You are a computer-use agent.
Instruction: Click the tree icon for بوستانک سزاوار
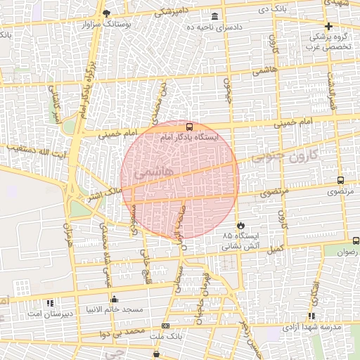click(106, 13)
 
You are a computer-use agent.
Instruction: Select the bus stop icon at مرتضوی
click(341, 180)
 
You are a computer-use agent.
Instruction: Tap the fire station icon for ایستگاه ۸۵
click(241, 226)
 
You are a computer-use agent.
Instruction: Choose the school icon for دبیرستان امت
click(49, 303)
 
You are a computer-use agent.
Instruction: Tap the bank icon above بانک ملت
click(165, 326)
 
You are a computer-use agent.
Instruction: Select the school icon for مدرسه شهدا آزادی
click(311, 317)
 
